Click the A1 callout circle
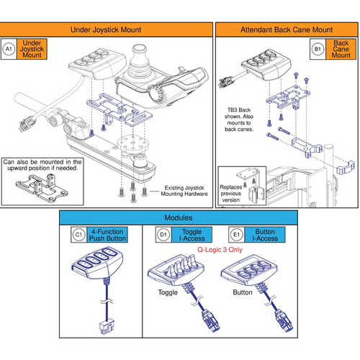(9, 49)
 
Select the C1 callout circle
(79, 234)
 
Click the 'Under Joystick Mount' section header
(107, 30)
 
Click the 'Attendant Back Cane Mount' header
(286, 30)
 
